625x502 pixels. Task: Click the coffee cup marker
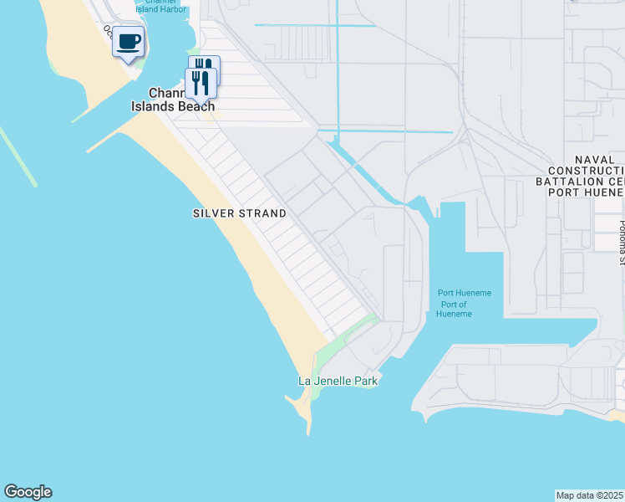coord(128,41)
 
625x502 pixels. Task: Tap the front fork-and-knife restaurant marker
coord(201,83)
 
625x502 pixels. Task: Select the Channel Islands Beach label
coord(172,100)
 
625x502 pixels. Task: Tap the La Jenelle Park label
coord(338,381)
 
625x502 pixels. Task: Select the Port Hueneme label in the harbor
coord(465,293)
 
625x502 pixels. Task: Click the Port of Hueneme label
coord(455,309)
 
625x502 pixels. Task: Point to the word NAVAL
coord(594,160)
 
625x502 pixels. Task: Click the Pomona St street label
coord(621,243)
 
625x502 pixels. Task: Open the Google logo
coord(28,492)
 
